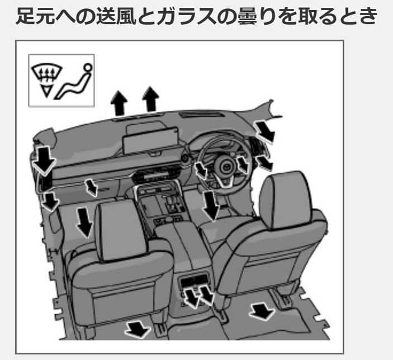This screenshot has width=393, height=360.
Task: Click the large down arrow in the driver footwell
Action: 211,205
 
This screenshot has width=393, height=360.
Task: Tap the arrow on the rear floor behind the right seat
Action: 261,310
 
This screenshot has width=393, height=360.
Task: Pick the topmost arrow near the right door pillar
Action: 264,131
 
